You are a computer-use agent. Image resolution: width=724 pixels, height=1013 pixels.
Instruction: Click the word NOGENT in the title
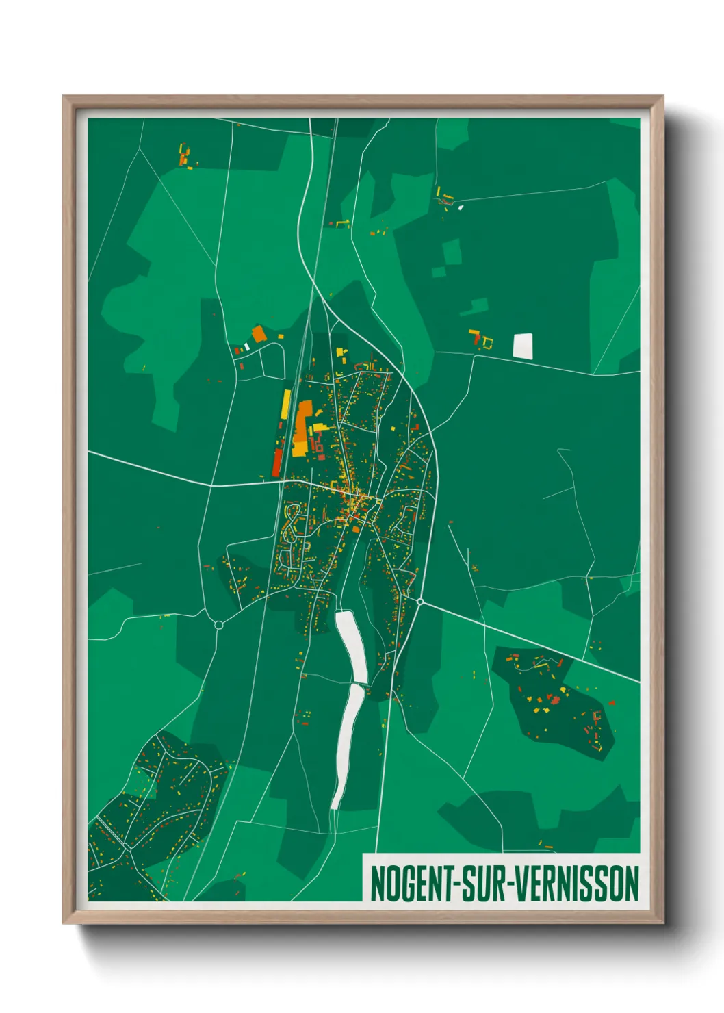point(411,884)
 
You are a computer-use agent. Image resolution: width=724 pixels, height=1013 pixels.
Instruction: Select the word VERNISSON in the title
point(576,884)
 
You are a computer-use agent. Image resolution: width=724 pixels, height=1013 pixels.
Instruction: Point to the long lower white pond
point(346,746)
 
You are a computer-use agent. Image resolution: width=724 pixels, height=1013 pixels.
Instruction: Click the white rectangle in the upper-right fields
point(523,346)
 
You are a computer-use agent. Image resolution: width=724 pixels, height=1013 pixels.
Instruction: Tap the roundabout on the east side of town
point(420,602)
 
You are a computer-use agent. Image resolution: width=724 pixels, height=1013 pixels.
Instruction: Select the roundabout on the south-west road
point(219,624)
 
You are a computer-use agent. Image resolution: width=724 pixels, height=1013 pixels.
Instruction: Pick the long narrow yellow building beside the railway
point(285,405)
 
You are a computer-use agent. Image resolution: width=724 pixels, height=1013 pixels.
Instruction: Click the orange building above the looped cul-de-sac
point(258,334)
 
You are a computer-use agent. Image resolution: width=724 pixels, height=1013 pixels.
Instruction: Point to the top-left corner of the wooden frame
point(64,97)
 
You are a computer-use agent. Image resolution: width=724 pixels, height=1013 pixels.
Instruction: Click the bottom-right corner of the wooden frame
point(662,922)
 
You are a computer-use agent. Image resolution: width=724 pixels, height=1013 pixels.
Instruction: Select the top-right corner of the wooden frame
point(662,97)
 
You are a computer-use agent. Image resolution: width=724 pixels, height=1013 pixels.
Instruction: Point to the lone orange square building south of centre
point(356,528)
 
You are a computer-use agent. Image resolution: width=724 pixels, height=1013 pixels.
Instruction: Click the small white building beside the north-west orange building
point(246,346)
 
